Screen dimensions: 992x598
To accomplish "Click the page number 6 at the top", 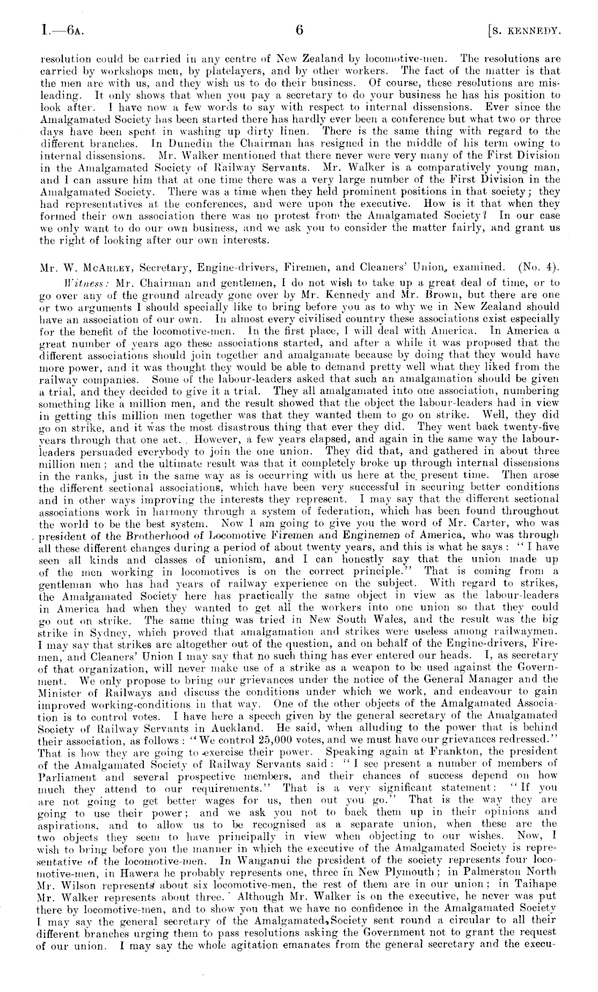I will [x=300, y=31].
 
